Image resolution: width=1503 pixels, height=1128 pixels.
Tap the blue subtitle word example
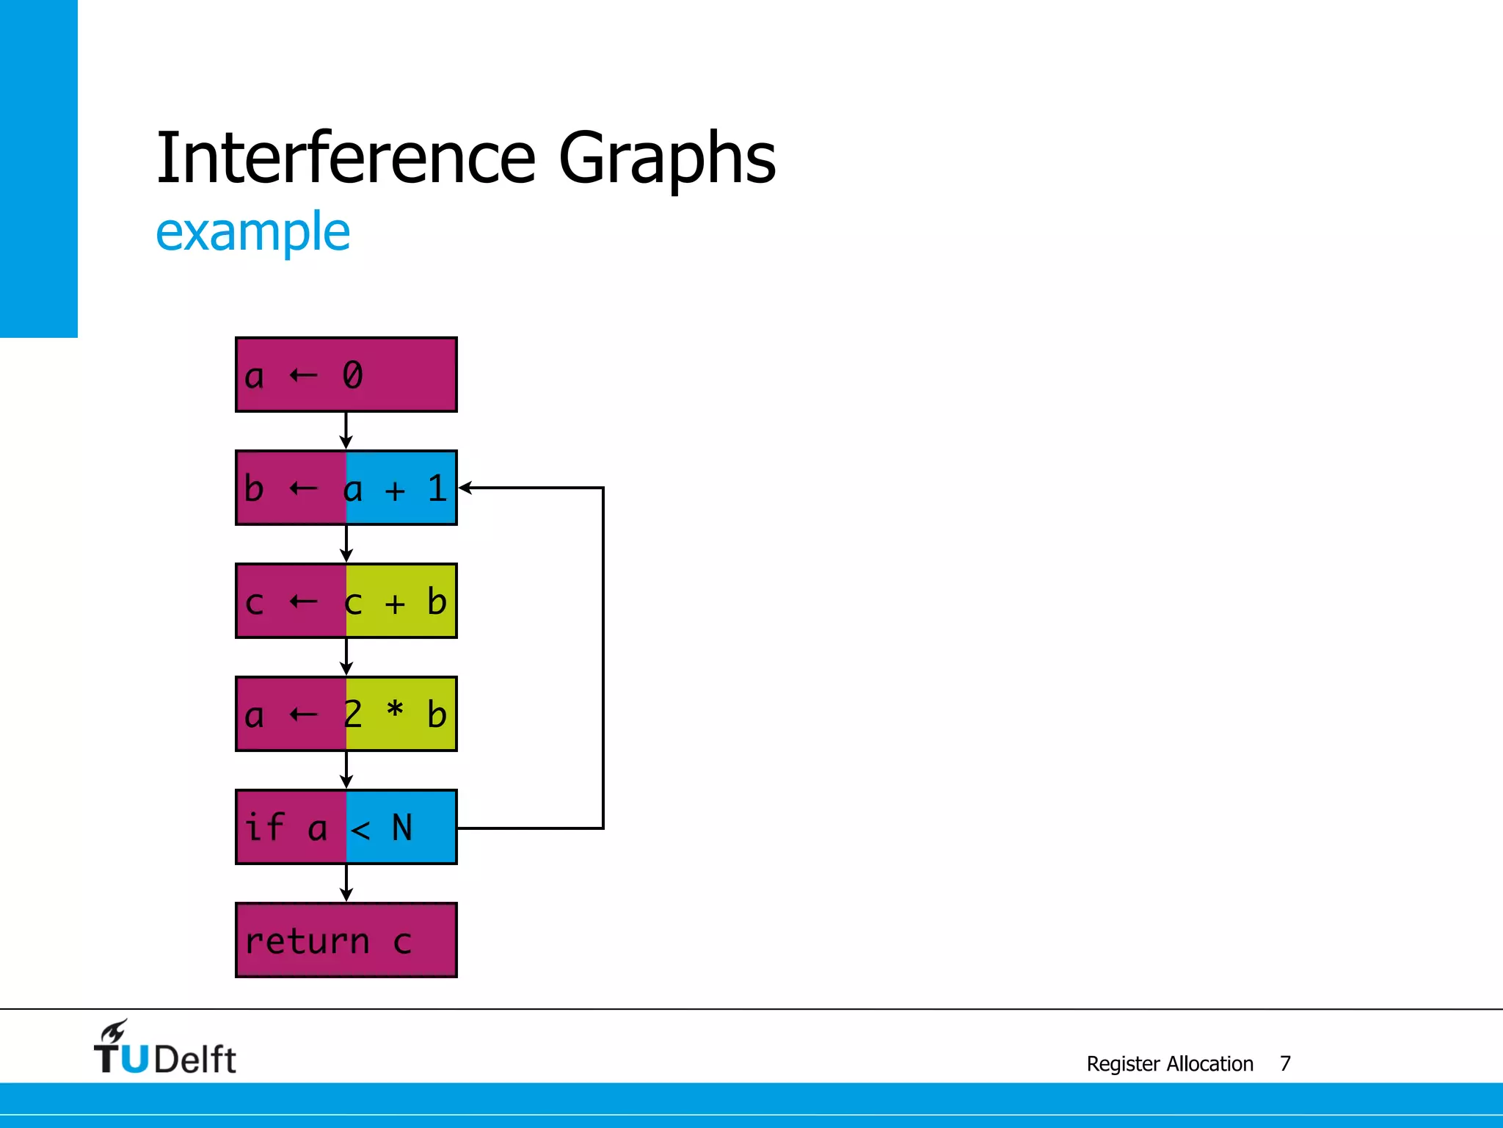click(253, 232)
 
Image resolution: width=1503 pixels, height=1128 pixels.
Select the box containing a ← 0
click(346, 375)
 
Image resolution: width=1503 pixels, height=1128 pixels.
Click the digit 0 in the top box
click(352, 375)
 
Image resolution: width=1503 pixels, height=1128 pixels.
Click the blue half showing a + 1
click(401, 488)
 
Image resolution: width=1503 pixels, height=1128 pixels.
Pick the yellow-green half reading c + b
click(401, 601)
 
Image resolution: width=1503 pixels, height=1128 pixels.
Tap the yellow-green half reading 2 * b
click(401, 714)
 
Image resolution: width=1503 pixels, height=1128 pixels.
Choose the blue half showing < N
click(401, 827)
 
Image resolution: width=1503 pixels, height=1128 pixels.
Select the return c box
click(346, 940)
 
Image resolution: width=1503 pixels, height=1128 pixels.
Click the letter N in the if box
click(402, 828)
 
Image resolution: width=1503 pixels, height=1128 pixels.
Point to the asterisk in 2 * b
click(395, 709)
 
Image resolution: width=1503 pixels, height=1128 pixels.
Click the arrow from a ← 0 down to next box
click(346, 430)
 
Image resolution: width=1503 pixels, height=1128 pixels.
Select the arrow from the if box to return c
click(346, 883)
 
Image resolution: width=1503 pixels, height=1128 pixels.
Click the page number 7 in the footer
click(1285, 1063)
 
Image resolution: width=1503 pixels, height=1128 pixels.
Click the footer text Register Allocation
click(1170, 1063)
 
